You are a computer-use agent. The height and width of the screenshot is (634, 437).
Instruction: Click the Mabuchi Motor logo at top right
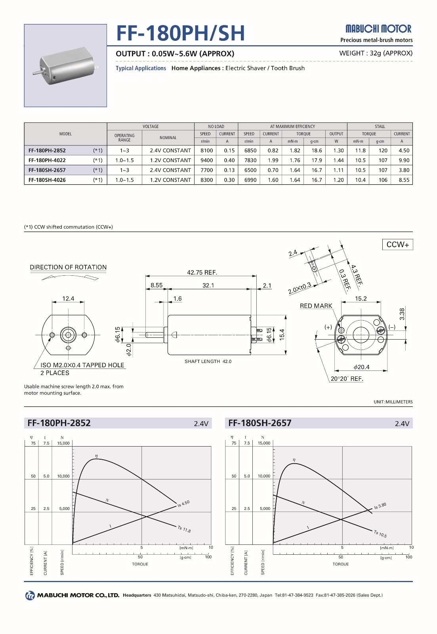[378, 29]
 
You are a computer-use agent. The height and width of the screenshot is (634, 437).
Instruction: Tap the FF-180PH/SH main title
[180, 33]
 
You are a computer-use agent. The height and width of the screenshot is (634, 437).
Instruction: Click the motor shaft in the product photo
[37, 73]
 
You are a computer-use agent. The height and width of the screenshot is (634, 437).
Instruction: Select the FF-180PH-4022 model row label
[47, 160]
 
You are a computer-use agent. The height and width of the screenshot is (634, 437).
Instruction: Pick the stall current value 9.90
[404, 160]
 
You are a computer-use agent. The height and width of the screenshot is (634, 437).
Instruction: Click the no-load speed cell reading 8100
[206, 151]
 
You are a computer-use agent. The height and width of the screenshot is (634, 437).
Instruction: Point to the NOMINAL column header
[168, 137]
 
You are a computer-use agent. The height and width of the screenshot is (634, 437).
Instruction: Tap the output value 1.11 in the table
[338, 170]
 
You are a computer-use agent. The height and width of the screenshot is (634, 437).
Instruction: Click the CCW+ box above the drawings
[398, 244]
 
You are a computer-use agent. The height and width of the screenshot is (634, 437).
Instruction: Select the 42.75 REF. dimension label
[202, 273]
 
